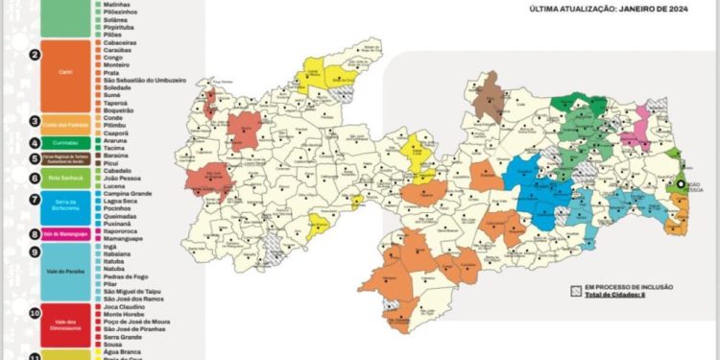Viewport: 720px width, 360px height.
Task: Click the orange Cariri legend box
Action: click(66, 71)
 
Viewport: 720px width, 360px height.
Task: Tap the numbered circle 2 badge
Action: click(35, 55)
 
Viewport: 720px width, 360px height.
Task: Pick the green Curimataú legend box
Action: click(66, 142)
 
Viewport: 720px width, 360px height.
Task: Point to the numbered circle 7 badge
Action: click(35, 200)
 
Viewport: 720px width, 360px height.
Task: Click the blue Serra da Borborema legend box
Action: click(66, 204)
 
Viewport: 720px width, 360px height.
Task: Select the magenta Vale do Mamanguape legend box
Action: click(66, 233)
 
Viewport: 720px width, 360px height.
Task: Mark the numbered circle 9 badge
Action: click(35, 252)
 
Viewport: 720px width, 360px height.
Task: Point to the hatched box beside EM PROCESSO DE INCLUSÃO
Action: click(575, 288)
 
